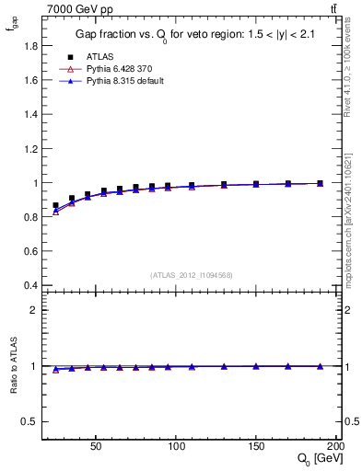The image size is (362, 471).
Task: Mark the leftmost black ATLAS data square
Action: (x=55, y=206)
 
